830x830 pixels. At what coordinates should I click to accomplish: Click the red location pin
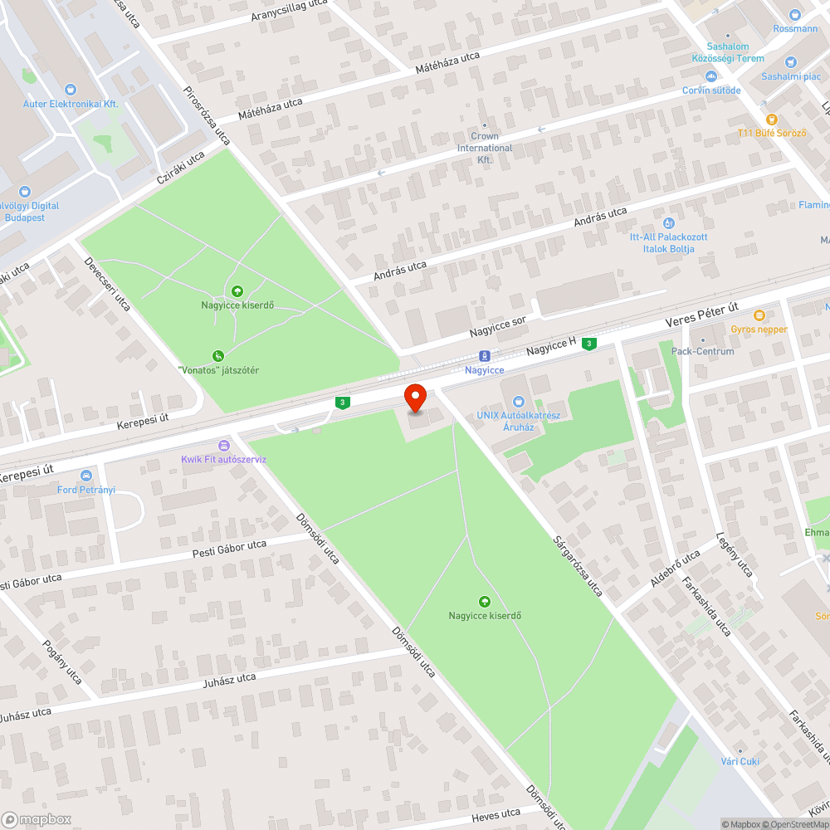pos(414,398)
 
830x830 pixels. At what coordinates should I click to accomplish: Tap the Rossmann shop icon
pos(795,13)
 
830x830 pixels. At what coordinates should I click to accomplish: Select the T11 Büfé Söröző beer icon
pos(771,120)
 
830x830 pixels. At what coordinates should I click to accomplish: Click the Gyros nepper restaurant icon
pos(759,315)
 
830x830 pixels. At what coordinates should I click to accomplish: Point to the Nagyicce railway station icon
pos(485,354)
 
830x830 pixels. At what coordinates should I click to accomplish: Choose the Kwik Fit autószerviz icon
pos(223,445)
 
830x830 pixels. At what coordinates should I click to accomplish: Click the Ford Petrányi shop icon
pos(85,475)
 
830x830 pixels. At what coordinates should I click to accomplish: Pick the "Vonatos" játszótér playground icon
pos(218,355)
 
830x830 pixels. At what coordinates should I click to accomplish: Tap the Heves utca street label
pos(496,815)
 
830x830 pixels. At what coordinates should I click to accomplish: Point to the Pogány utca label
pos(62,662)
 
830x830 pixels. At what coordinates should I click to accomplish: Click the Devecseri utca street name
pos(107,284)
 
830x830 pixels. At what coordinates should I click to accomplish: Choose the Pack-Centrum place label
pos(702,351)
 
